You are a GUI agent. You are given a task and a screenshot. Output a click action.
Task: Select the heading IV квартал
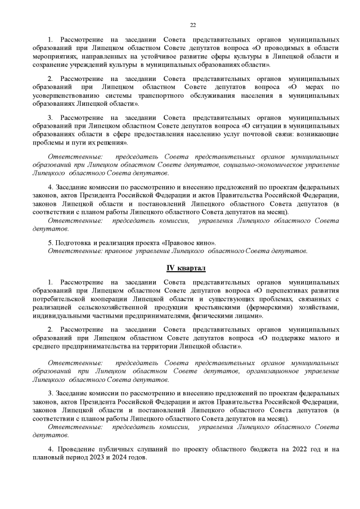click(x=186, y=268)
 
